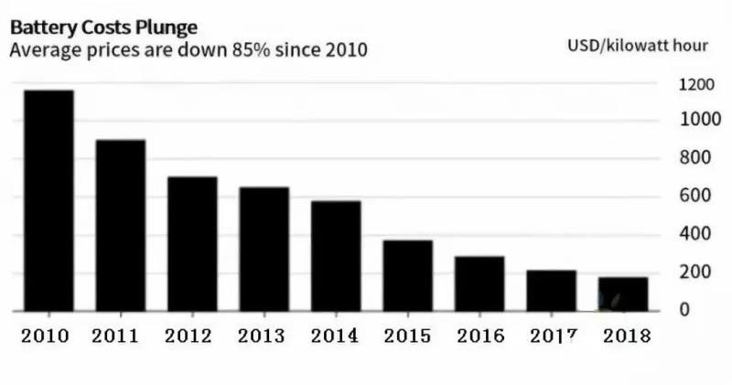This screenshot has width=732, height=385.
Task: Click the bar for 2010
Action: click(48, 201)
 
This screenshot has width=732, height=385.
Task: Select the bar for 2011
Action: click(120, 226)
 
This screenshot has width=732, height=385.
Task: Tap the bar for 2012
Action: click(192, 244)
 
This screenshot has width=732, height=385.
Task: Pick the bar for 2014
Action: click(336, 256)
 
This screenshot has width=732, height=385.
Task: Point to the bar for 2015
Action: click(407, 275)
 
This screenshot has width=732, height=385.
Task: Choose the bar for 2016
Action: click(479, 283)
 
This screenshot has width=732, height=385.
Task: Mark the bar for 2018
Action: click(623, 294)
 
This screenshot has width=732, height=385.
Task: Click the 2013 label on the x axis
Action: click(264, 336)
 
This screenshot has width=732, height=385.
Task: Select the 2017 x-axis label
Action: click(552, 336)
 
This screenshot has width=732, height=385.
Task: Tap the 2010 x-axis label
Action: click(46, 336)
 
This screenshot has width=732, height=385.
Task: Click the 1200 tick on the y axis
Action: click(695, 85)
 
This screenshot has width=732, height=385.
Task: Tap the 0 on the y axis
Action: click(682, 309)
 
